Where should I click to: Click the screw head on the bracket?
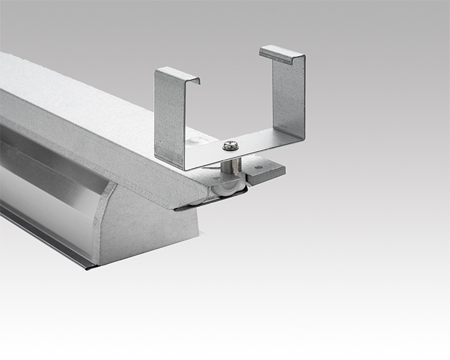point(229,145)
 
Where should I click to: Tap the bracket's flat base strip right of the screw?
point(266,141)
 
